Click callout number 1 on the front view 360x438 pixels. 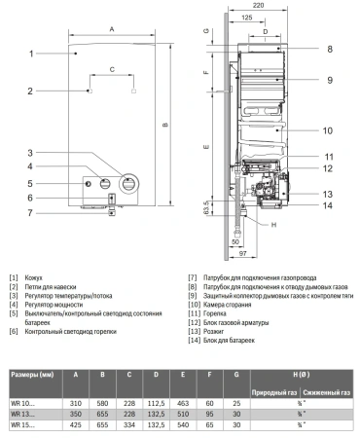tap(31, 53)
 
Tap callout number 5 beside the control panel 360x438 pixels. tap(31, 183)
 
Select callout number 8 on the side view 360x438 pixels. tap(330, 48)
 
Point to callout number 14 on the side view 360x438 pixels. tap(330, 205)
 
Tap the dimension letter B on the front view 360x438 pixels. tap(165, 124)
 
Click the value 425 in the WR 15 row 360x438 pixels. tap(77, 424)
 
